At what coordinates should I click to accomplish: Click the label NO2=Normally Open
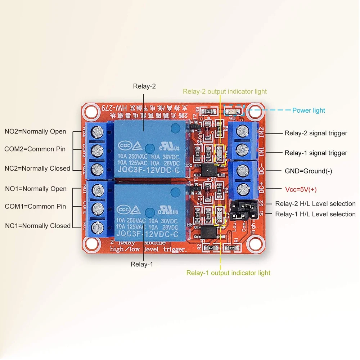[x=35, y=131]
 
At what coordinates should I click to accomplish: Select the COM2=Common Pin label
[x=35, y=149]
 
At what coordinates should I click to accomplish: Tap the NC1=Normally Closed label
[x=38, y=226]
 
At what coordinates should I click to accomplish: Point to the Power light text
[x=309, y=111]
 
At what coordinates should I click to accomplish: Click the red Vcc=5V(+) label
[x=301, y=189]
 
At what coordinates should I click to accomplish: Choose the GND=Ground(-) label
[x=308, y=171]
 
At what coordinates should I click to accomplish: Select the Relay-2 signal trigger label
[x=316, y=133]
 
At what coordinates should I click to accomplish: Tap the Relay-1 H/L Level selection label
[x=315, y=214]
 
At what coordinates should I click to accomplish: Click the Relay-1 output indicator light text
[x=228, y=273]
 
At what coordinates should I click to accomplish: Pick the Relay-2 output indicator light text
[x=225, y=91]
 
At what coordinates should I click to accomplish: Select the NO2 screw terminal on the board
[x=96, y=132]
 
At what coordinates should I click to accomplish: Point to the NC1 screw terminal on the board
[x=96, y=226]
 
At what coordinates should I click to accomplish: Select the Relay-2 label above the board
[x=144, y=86]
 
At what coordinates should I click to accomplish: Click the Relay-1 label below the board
[x=142, y=264]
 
